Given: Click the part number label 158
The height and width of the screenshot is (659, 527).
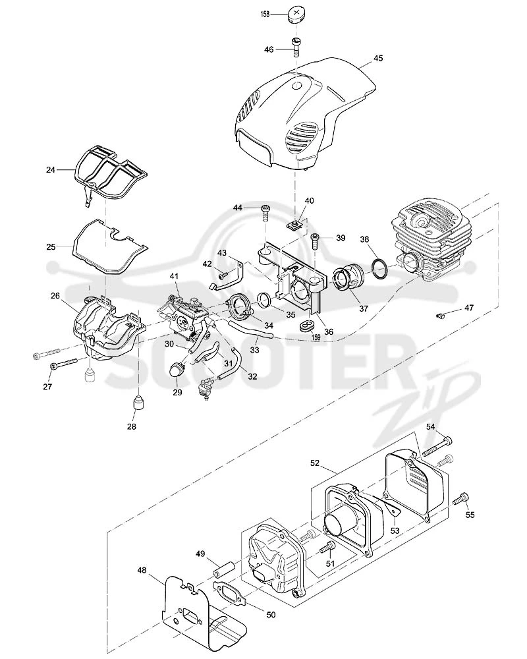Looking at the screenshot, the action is click(265, 14).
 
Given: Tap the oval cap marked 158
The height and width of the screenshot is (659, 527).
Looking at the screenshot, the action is click(296, 13).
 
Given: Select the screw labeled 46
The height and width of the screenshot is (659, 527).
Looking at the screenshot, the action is click(296, 47).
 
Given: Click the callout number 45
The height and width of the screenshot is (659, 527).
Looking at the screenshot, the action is click(378, 59).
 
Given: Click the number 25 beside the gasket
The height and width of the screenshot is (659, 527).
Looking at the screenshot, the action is click(51, 247).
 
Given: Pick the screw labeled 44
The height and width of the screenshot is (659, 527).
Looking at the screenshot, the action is click(265, 213).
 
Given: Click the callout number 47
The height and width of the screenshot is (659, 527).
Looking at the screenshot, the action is click(469, 308).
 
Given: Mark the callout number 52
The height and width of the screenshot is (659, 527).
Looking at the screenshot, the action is click(315, 463).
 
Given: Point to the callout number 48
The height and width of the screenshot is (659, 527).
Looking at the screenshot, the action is click(142, 570).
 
